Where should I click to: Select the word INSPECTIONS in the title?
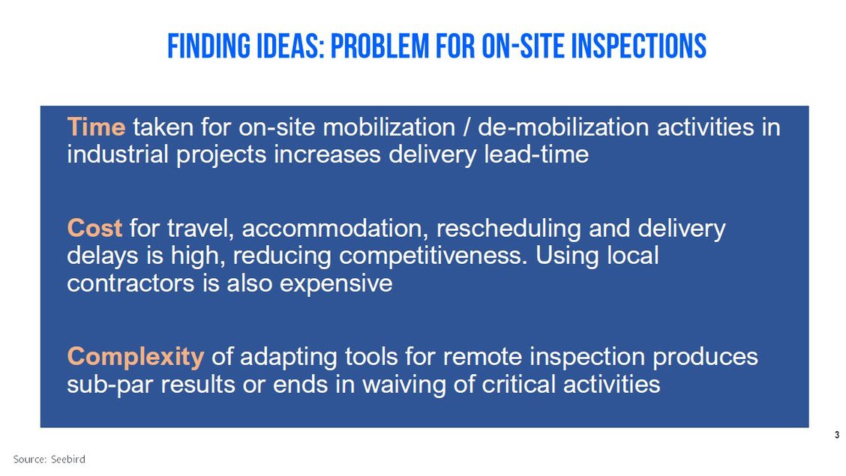(x=639, y=46)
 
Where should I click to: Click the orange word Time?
(x=96, y=127)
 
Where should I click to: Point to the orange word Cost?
(x=94, y=228)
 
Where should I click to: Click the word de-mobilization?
(x=563, y=127)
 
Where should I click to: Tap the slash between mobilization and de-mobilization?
(x=466, y=127)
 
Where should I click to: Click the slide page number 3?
(x=837, y=435)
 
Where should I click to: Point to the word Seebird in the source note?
(x=68, y=460)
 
